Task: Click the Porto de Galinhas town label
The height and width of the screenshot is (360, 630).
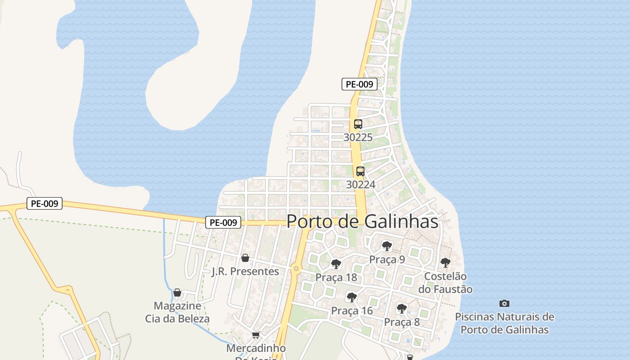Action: click(x=362, y=221)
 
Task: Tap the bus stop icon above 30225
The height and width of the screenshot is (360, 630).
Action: click(x=358, y=124)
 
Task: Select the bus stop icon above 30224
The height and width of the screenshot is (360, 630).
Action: click(x=360, y=171)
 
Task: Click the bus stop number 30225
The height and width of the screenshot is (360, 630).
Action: click(x=358, y=137)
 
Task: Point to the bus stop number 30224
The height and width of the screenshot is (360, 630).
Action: click(x=360, y=184)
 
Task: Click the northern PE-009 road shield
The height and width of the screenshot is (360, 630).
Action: click(x=359, y=84)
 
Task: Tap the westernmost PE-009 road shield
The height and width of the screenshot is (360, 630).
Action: click(x=44, y=203)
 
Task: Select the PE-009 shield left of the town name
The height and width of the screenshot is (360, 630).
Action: click(x=224, y=222)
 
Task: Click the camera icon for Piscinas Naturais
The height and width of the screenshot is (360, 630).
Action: click(x=504, y=304)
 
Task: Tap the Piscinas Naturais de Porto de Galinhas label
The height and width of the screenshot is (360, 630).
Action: click(x=504, y=323)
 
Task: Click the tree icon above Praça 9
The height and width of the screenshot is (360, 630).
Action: click(x=387, y=246)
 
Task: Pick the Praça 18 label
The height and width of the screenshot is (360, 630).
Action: click(x=336, y=277)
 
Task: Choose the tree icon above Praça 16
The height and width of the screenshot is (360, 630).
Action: click(x=352, y=297)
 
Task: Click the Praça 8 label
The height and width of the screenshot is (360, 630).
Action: click(x=402, y=322)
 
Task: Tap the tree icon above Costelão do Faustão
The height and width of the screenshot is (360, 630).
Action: click(x=445, y=262)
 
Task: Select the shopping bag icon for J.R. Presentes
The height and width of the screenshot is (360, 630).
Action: click(x=245, y=258)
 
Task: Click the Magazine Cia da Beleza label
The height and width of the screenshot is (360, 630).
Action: click(x=177, y=312)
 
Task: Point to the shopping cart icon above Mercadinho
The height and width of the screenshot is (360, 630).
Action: click(x=256, y=335)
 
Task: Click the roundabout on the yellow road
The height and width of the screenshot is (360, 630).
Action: click(x=296, y=269)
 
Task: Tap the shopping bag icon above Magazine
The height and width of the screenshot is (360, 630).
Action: click(x=177, y=292)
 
